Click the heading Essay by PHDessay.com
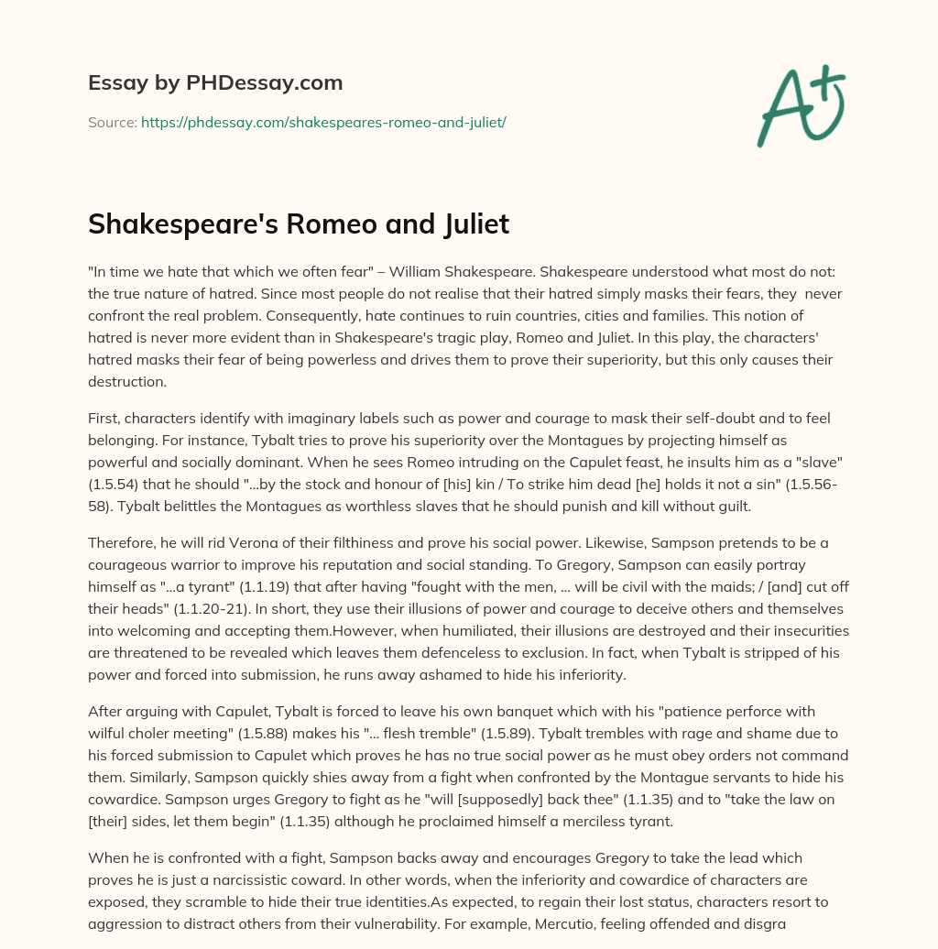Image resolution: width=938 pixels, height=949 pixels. coord(215,83)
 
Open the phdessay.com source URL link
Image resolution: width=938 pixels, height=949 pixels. coord(323,122)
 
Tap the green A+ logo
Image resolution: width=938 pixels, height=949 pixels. coord(800,105)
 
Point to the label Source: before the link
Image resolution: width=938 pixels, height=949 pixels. coord(112,122)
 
